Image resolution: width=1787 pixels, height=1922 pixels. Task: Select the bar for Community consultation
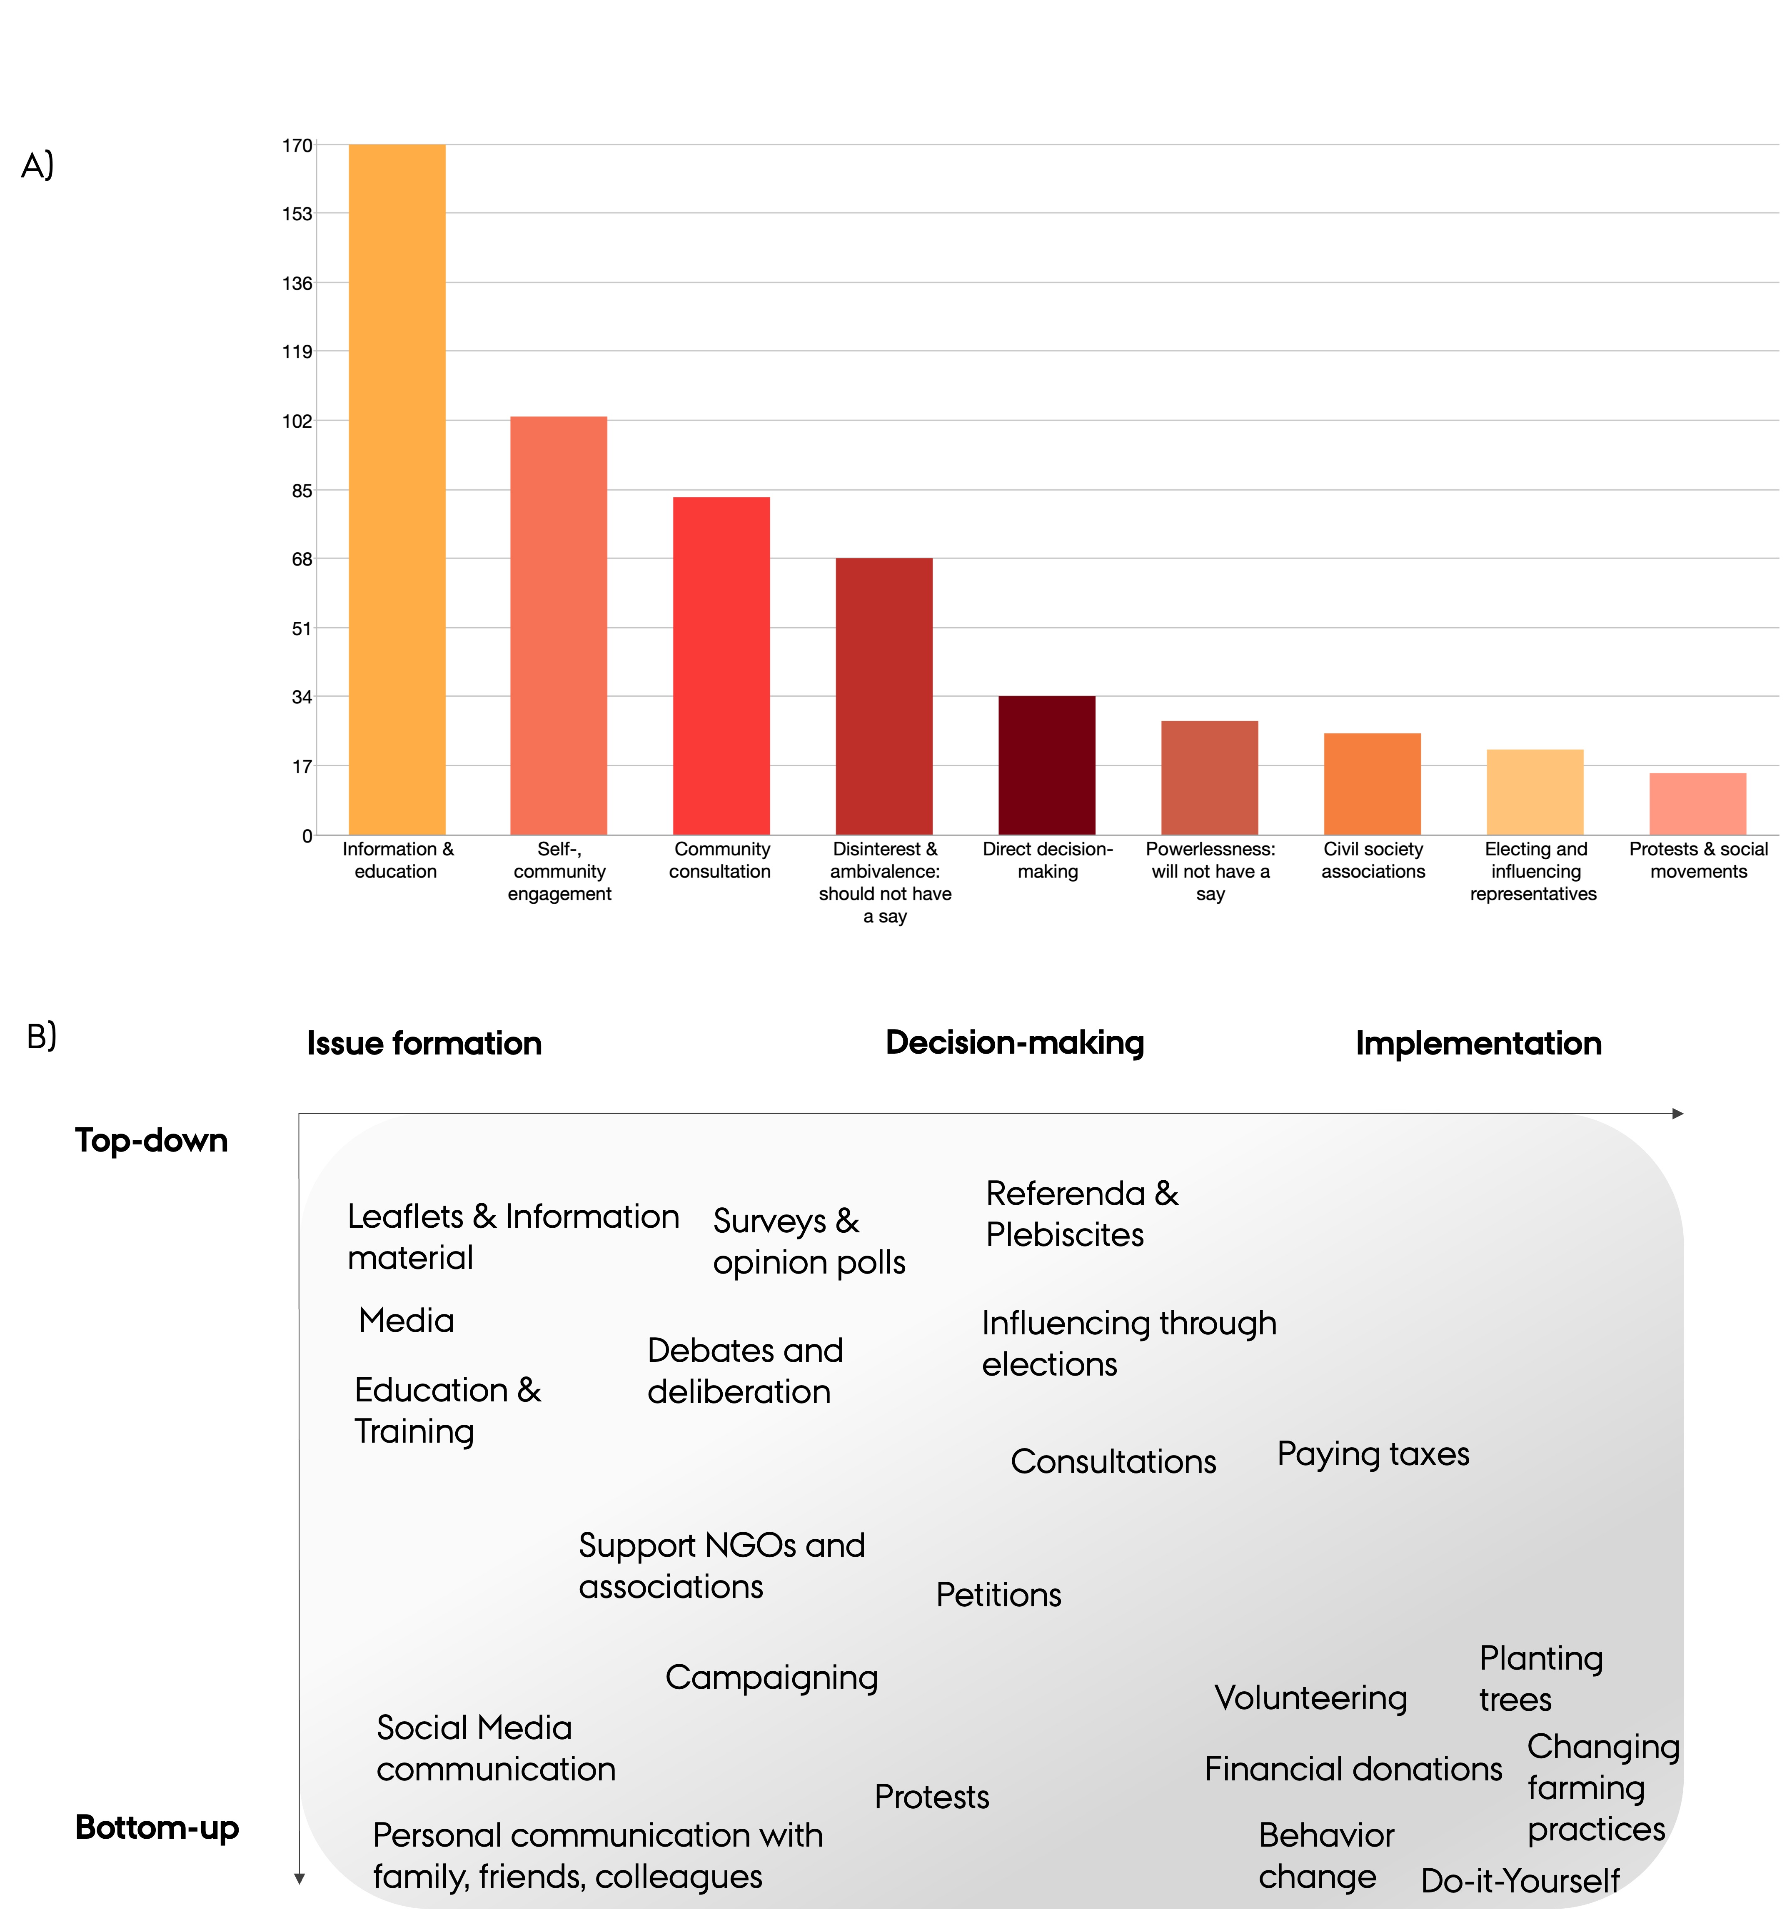tap(721, 666)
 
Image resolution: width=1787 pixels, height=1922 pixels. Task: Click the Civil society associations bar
tap(1372, 784)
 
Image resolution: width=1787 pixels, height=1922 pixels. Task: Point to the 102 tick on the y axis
tap(297, 421)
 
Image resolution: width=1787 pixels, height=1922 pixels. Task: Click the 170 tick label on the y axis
tap(297, 146)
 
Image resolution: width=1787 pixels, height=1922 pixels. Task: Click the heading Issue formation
tap(424, 1043)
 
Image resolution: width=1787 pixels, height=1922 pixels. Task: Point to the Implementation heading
tap(1478, 1043)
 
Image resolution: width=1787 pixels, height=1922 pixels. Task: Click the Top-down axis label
tap(152, 1141)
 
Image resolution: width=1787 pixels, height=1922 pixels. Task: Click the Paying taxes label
tap(1373, 1454)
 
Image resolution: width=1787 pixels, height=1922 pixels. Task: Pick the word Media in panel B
tap(406, 1321)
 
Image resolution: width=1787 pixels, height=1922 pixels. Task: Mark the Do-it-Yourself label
tap(1520, 1880)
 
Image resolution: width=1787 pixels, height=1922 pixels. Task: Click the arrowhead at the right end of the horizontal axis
tap(1679, 1114)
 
